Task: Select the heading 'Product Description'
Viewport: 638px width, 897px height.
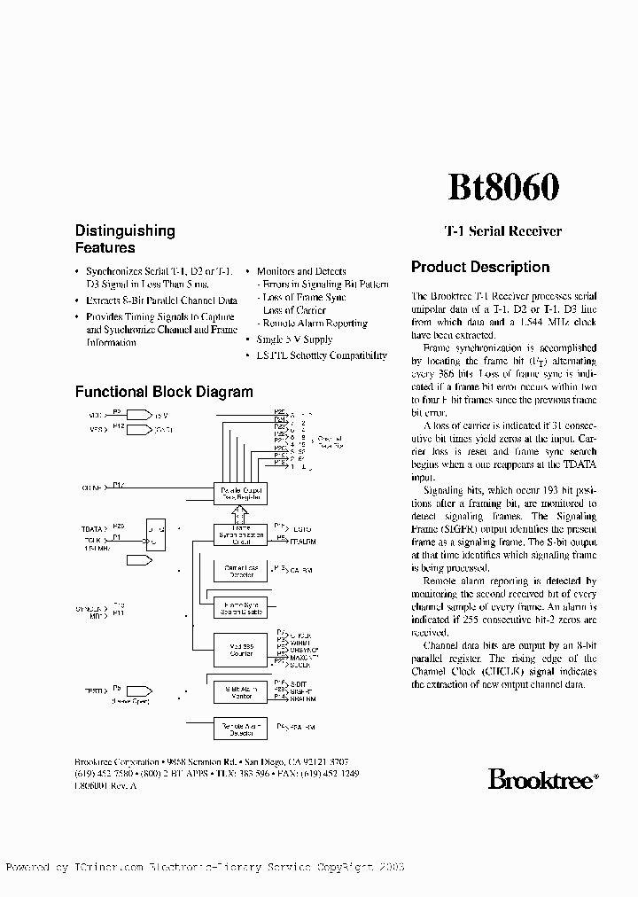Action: pyautogui.click(x=480, y=267)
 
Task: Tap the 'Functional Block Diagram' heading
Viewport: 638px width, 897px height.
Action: pyautogui.click(x=164, y=392)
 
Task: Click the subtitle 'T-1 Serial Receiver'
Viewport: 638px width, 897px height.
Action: pyautogui.click(x=502, y=230)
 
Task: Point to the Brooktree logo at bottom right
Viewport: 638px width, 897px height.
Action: pyautogui.click(x=543, y=779)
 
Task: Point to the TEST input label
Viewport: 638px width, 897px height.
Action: pyautogui.click(x=91, y=688)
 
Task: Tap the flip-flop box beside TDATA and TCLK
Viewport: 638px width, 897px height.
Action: pyautogui.click(x=155, y=534)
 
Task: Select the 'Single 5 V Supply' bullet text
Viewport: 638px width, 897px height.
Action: pyautogui.click(x=294, y=339)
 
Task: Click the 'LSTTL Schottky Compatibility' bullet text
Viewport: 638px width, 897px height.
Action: pyautogui.click(x=322, y=355)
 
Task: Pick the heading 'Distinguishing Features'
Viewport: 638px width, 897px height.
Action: pyautogui.click(x=125, y=239)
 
